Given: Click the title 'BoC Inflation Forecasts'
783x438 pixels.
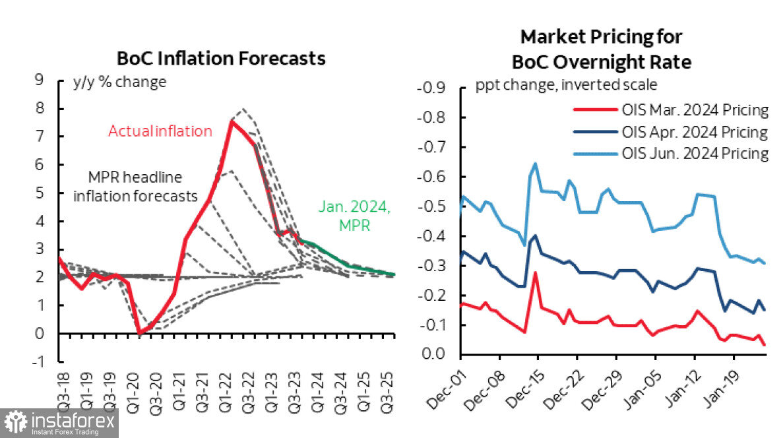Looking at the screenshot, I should pos(221,58).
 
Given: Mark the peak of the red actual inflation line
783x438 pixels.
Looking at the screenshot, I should pos(230,121).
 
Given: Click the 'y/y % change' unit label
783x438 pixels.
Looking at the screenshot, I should pos(119,82).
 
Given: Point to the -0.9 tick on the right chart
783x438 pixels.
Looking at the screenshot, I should pos(430,88).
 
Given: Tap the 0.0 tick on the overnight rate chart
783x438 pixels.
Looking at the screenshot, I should pos(433,355).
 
